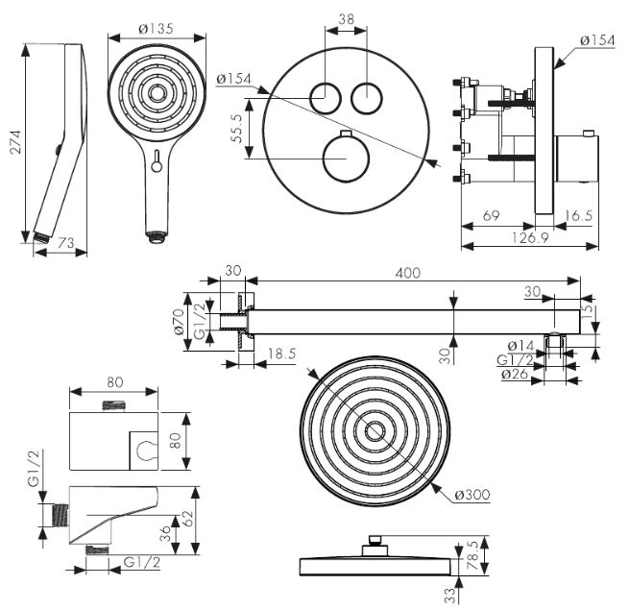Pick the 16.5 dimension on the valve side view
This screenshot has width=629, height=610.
coord(577,217)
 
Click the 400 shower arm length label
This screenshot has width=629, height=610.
coord(410,274)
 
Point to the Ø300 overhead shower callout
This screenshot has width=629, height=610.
coord(472,495)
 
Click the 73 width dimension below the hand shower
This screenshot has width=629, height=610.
coord(65,246)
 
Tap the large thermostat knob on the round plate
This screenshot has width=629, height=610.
coord(345,159)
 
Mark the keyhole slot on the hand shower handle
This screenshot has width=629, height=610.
coord(156,159)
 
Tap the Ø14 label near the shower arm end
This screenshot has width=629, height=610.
coord(521,345)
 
